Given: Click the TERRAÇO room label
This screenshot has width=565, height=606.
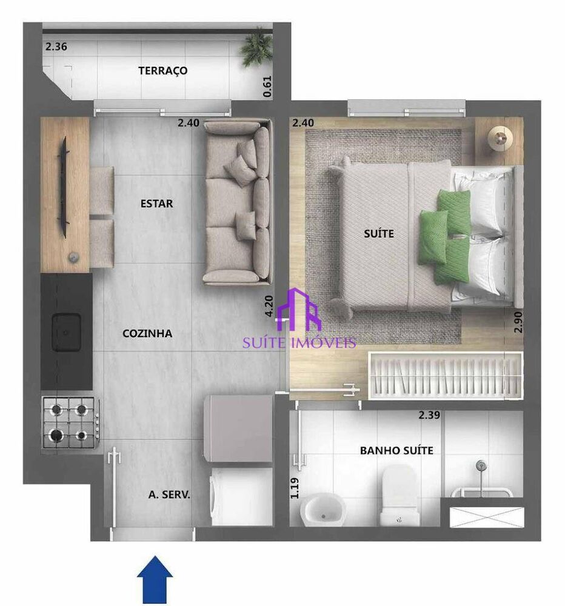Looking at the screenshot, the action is coord(163,71).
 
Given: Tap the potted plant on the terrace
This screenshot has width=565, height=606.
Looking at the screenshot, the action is coord(257,48).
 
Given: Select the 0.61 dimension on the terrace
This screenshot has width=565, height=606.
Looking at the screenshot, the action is coord(267,86).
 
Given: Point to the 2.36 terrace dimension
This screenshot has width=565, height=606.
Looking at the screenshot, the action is coord(56,47).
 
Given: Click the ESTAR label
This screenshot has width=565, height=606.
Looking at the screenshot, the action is coord(156,204).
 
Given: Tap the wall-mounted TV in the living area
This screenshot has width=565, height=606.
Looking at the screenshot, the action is coord(63,187).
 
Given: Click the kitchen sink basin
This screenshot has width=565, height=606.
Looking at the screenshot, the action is coord(67,332).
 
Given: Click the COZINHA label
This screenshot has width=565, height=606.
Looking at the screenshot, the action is coord(147,333).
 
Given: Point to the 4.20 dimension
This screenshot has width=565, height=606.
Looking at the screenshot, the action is coord(269,307).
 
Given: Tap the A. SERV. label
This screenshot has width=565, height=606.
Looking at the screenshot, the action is coord(169,494).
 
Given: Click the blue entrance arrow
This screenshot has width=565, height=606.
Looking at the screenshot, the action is coord(155,580).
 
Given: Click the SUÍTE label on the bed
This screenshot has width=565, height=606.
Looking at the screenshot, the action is coord(379,233).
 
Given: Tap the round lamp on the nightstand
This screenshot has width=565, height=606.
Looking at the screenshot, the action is coord(500,138).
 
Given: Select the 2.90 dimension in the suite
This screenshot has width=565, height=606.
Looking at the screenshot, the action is coord(518,322).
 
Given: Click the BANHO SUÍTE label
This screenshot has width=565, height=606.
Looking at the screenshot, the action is coord(396,451).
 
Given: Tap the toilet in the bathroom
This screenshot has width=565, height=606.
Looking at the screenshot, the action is coord(400,495).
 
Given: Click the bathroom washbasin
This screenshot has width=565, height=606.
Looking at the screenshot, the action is coord(323,510).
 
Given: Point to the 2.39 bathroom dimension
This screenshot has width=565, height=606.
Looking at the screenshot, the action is coord(429,415).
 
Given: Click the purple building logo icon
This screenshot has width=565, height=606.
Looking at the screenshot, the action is coord(299,310).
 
